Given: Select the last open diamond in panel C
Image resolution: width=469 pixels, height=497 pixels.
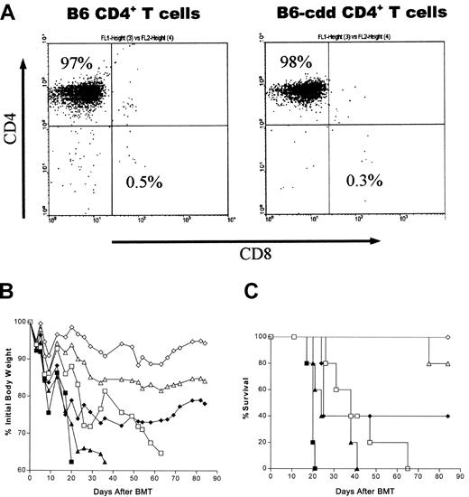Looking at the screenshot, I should tap(449, 336).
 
